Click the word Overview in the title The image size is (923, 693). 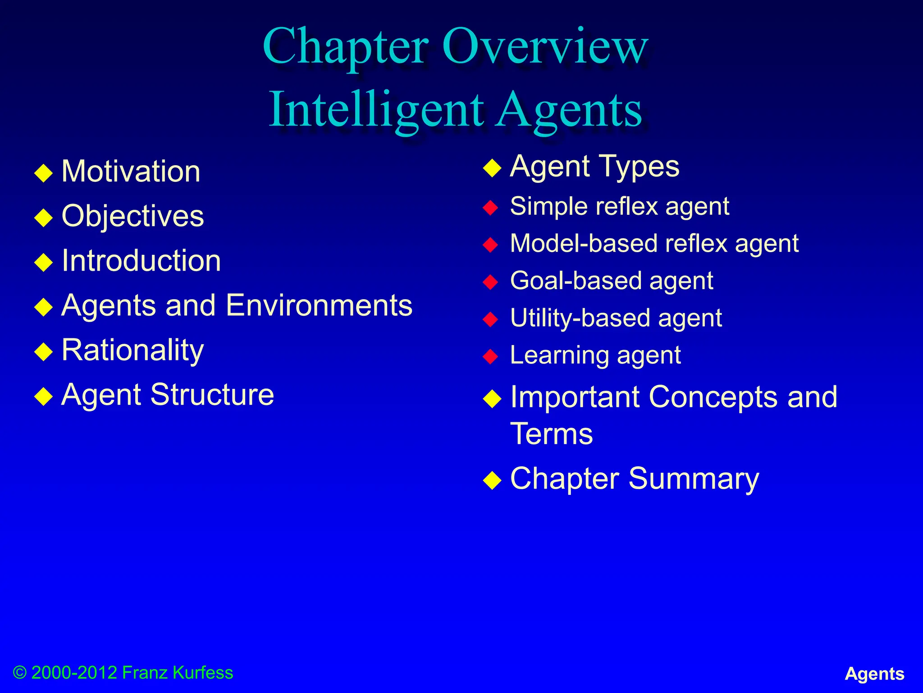[x=545, y=46]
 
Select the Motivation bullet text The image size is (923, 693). [x=131, y=171]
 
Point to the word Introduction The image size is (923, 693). [x=141, y=261]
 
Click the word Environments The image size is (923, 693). [x=319, y=305]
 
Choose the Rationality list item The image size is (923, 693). [x=133, y=350]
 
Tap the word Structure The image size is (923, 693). [x=212, y=395]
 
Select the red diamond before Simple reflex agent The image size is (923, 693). [x=490, y=208]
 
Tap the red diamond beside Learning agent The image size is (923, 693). [x=490, y=356]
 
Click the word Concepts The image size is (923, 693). [x=713, y=397]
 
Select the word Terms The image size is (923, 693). [x=551, y=434]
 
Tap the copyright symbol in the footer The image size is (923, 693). [x=20, y=673]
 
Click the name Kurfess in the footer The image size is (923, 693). [x=203, y=673]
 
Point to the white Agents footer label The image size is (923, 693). [x=874, y=674]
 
